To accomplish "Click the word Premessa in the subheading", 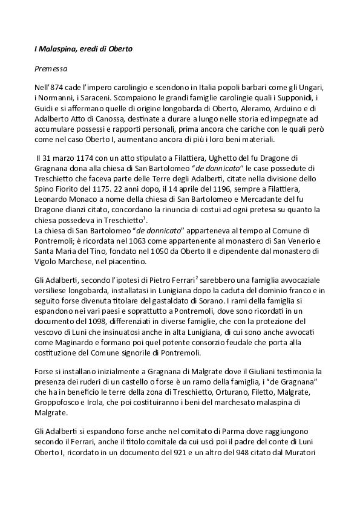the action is point(50,69).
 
